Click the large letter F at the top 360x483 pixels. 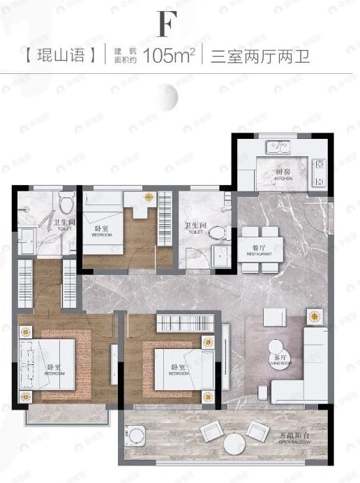tap(165, 24)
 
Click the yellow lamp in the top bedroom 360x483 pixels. tap(148, 198)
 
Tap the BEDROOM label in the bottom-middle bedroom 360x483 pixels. tap(178, 370)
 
